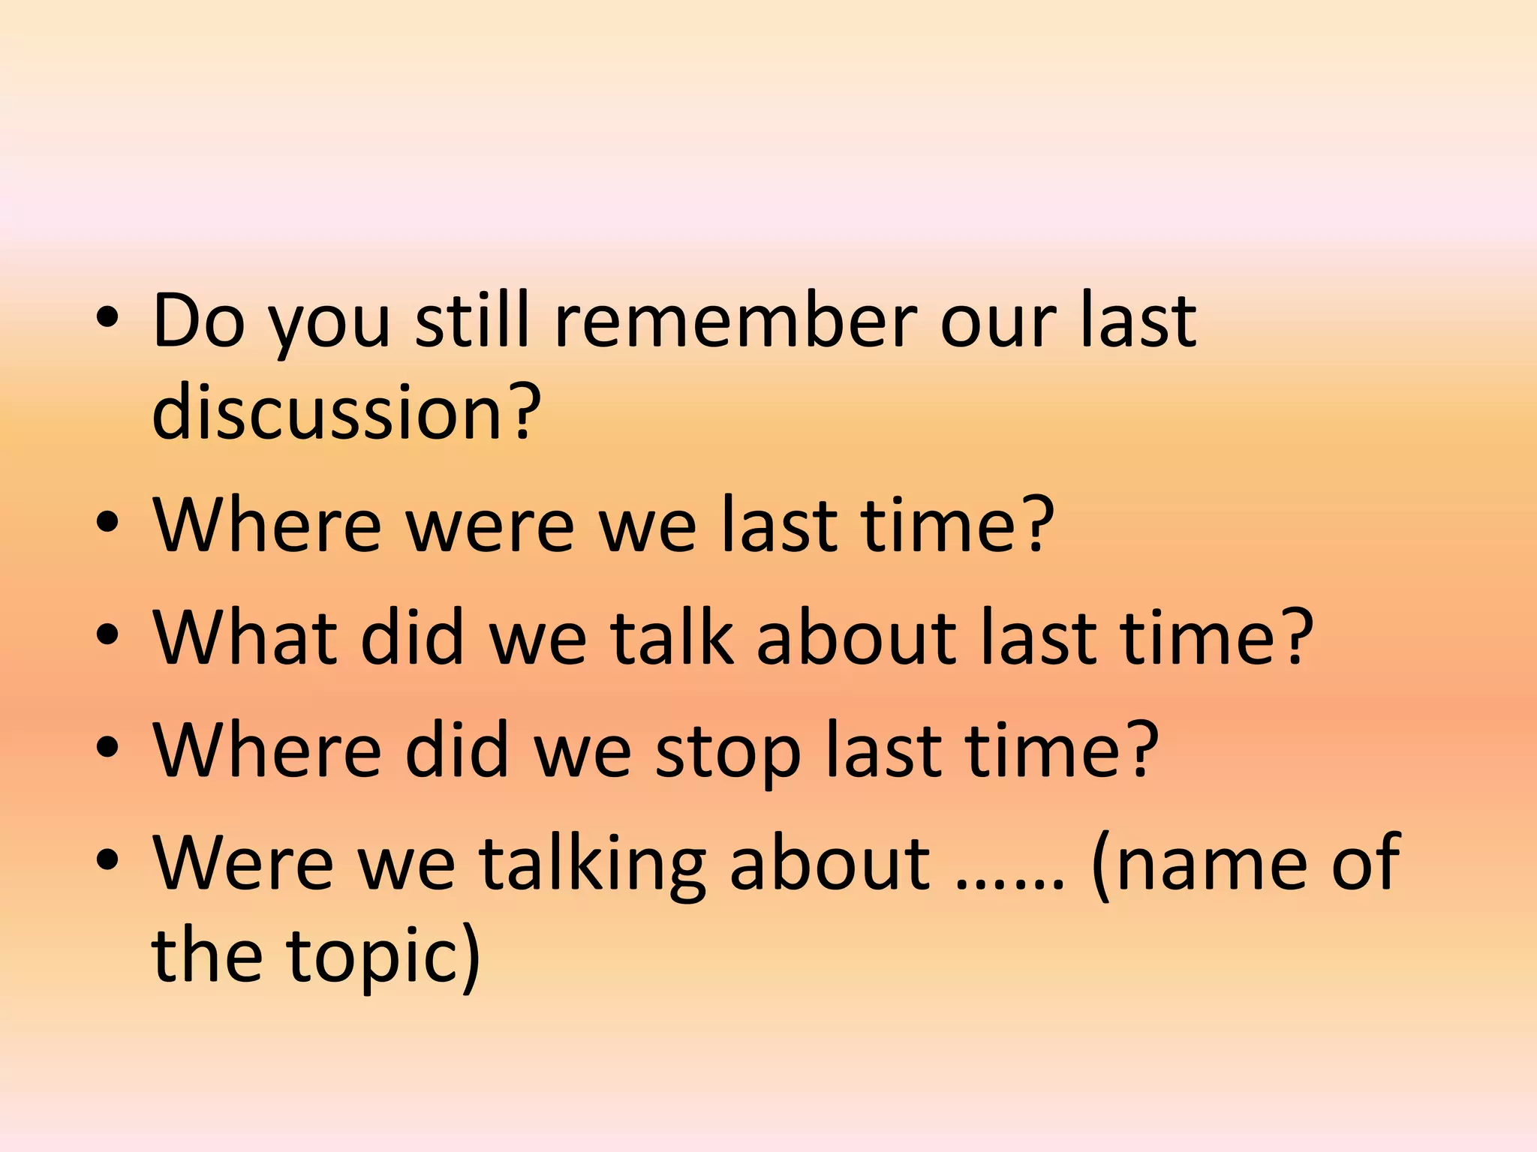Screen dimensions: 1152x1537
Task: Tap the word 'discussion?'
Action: (x=346, y=412)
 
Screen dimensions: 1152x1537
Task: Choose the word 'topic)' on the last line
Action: (x=383, y=957)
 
